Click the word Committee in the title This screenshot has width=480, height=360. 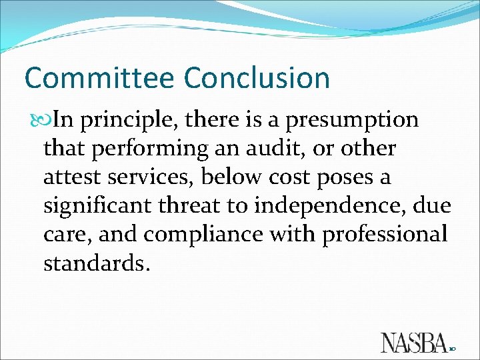tap(100, 78)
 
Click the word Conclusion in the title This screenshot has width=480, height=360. tap(257, 78)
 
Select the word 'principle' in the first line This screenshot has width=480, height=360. tap(129, 121)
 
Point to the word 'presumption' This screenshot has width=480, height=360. tap(355, 121)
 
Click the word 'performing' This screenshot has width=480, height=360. tap(150, 149)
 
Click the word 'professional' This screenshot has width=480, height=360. tap(385, 235)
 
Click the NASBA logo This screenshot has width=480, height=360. tap(413, 342)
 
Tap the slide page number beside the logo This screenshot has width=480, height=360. tap(453, 349)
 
